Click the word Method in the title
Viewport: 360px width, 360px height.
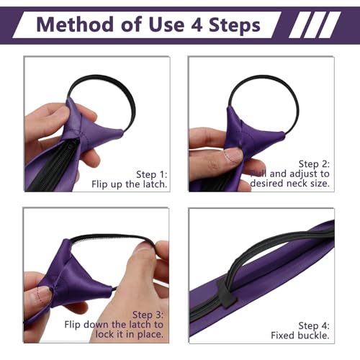(75, 24)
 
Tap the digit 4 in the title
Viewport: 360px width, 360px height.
(197, 25)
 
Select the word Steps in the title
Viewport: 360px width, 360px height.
(235, 24)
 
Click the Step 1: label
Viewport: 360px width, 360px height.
(152, 174)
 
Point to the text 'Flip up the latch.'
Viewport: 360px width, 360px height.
(129, 184)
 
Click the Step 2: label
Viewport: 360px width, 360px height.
(314, 164)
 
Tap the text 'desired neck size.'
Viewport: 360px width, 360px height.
(289, 184)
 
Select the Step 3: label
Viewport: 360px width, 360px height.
(148, 315)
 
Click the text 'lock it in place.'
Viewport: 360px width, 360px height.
(130, 334)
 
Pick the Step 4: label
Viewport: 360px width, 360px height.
(314, 325)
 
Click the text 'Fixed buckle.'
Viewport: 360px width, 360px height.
(300, 336)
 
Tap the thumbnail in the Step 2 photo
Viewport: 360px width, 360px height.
(233, 156)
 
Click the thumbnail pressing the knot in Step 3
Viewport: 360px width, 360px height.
(41, 294)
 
